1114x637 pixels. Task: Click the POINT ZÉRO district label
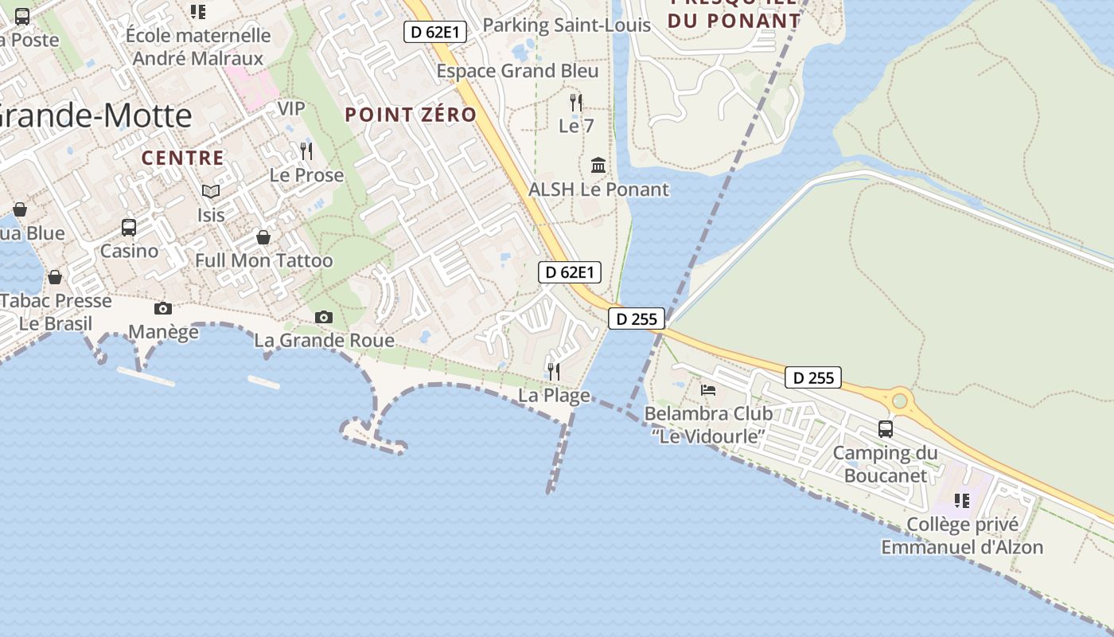[x=411, y=115]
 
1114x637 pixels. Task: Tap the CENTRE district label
[x=183, y=158]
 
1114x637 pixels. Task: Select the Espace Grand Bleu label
[x=517, y=71]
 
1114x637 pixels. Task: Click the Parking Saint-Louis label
[x=567, y=25]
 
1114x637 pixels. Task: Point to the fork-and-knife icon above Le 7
[x=576, y=102]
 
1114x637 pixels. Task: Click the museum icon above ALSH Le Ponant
[x=598, y=165]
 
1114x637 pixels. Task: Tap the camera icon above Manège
[x=163, y=308]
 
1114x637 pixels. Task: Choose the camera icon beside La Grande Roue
[x=323, y=317]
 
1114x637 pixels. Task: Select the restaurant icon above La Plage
[x=554, y=371]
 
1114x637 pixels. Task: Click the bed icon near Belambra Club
[x=708, y=390]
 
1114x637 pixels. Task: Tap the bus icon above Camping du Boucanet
[x=886, y=428]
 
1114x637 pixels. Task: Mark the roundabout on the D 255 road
[x=900, y=401]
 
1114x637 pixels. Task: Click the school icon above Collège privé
[x=962, y=501]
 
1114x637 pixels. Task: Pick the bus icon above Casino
[x=129, y=227]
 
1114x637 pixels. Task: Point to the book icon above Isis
[x=211, y=191]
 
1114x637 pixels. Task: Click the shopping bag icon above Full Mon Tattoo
[x=263, y=237]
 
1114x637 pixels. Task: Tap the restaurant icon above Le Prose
[x=306, y=150]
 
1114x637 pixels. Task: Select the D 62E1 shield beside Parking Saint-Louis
[x=435, y=32]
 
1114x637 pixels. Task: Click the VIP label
[x=291, y=108]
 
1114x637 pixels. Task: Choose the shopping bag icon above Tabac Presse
[x=55, y=277]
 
